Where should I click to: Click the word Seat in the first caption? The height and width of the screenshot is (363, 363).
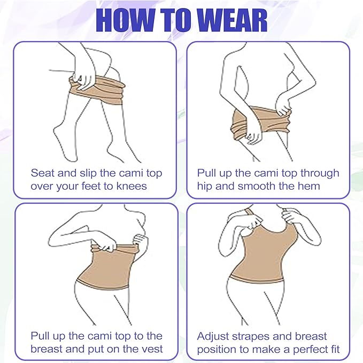pos(42,173)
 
